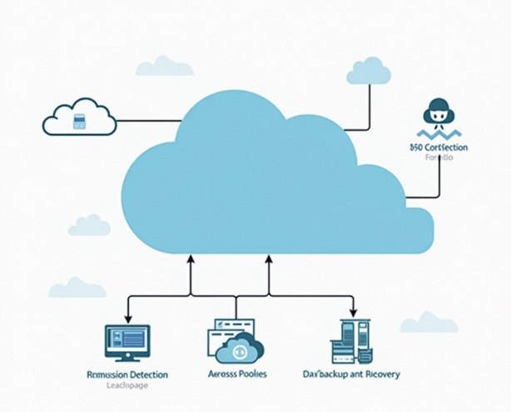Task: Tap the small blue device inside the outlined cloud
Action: coord(80,122)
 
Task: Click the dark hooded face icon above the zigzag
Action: coord(438,113)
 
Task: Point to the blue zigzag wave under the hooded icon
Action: coord(439,134)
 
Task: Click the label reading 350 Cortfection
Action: coord(439,147)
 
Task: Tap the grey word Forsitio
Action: coord(439,158)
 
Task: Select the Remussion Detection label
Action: coord(127,375)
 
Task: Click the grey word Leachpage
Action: coord(127,385)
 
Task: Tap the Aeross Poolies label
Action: coord(238,375)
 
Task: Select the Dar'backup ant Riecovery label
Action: coord(351,375)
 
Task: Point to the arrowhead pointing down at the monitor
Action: coord(127,318)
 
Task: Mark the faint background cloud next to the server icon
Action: coord(429,322)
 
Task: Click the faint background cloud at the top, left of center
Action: coord(164,66)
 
